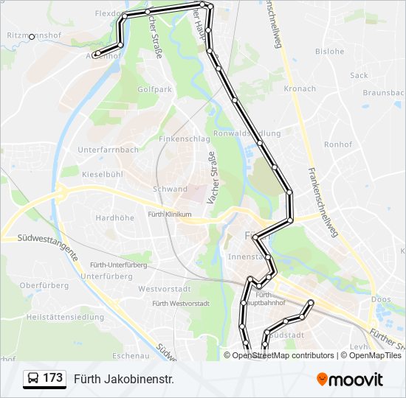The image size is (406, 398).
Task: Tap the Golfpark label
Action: (155, 89)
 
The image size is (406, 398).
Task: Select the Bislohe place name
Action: (329, 52)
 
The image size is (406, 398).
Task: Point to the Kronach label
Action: (299, 89)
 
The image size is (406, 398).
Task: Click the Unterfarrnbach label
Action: (108, 150)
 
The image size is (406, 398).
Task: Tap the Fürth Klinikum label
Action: (169, 214)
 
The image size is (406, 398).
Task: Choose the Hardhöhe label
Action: (114, 218)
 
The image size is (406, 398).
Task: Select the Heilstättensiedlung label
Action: (64, 317)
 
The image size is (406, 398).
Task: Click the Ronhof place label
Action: (338, 144)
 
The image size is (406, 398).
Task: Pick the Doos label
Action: (381, 299)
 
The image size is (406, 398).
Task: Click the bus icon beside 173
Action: (34, 379)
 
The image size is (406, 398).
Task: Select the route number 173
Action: (52, 378)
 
